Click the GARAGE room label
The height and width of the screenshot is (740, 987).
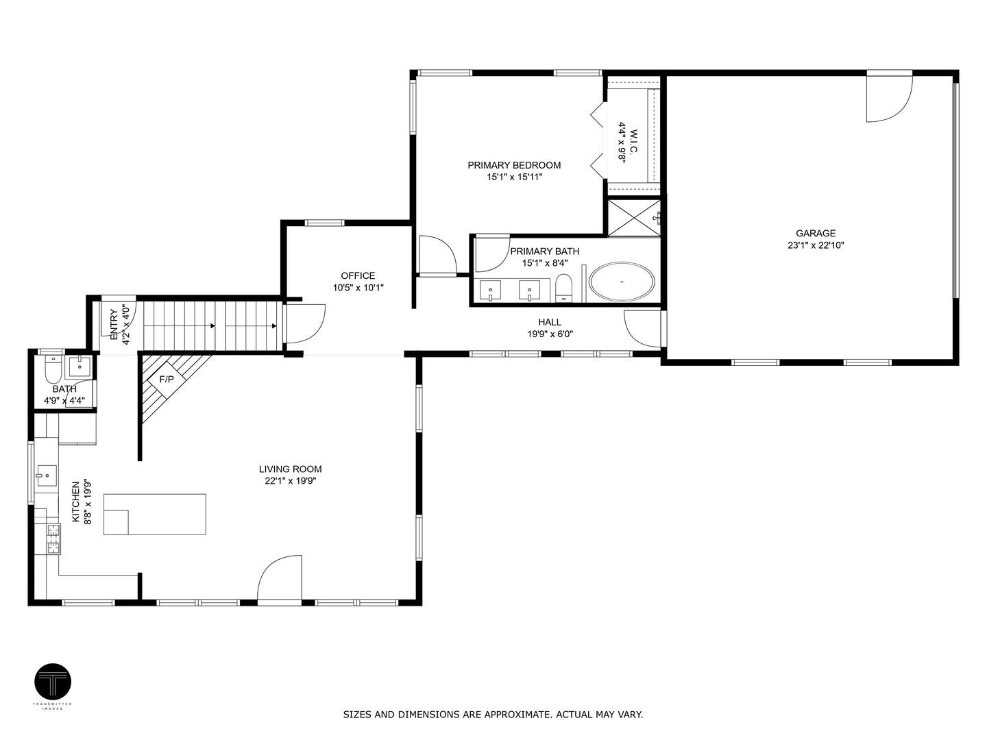[815, 233]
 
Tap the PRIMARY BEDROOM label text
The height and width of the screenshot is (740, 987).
[514, 165]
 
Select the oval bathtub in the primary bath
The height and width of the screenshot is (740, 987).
[622, 282]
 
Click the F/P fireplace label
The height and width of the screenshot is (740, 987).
[167, 379]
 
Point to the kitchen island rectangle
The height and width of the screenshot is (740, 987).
[155, 514]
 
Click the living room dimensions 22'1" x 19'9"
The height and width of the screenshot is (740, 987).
[290, 481]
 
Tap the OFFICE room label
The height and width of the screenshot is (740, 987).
[358, 275]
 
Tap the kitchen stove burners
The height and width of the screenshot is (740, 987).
[53, 538]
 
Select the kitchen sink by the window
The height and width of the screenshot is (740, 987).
[47, 473]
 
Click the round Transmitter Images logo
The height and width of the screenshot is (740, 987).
[53, 682]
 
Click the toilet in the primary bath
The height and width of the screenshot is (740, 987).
[563, 288]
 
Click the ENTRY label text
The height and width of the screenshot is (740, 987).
[113, 323]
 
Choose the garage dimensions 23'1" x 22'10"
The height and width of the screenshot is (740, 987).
[815, 245]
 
